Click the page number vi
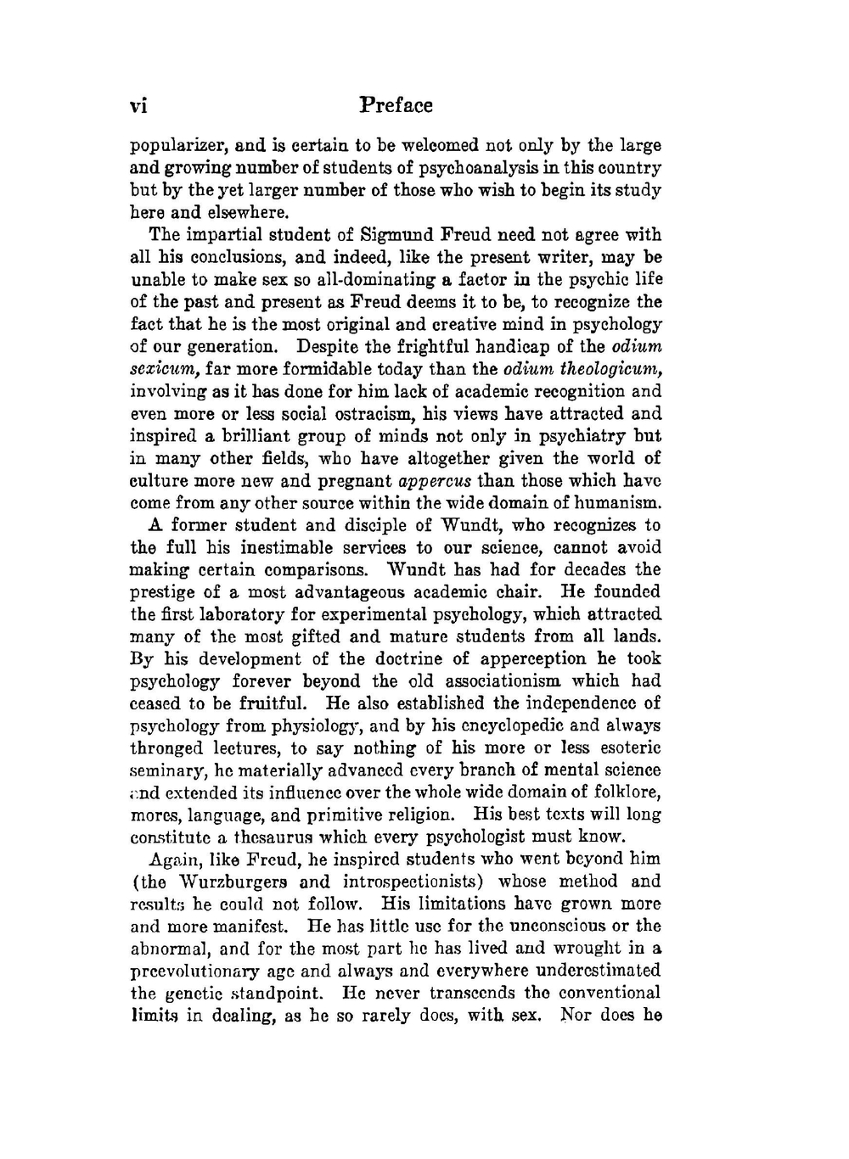tap(138, 107)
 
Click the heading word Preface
tap(396, 106)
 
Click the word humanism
tap(620, 502)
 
